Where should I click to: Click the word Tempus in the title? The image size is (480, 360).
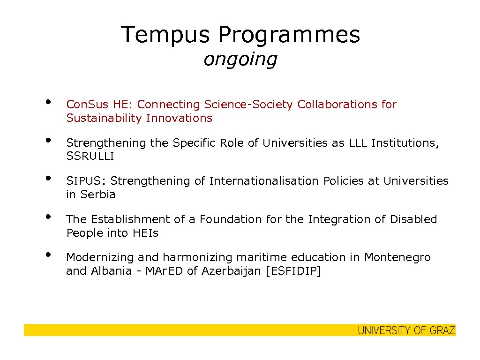click(x=166, y=34)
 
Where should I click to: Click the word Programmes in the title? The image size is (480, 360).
click(x=289, y=34)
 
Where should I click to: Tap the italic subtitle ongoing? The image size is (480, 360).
click(x=240, y=59)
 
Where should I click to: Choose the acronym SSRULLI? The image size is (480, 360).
click(x=90, y=157)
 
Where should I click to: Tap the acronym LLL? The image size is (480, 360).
click(x=359, y=143)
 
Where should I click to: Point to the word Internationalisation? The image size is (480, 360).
click(x=264, y=181)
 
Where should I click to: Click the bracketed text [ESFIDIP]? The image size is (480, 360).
click(x=293, y=271)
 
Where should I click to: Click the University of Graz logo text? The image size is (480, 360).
click(x=406, y=330)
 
